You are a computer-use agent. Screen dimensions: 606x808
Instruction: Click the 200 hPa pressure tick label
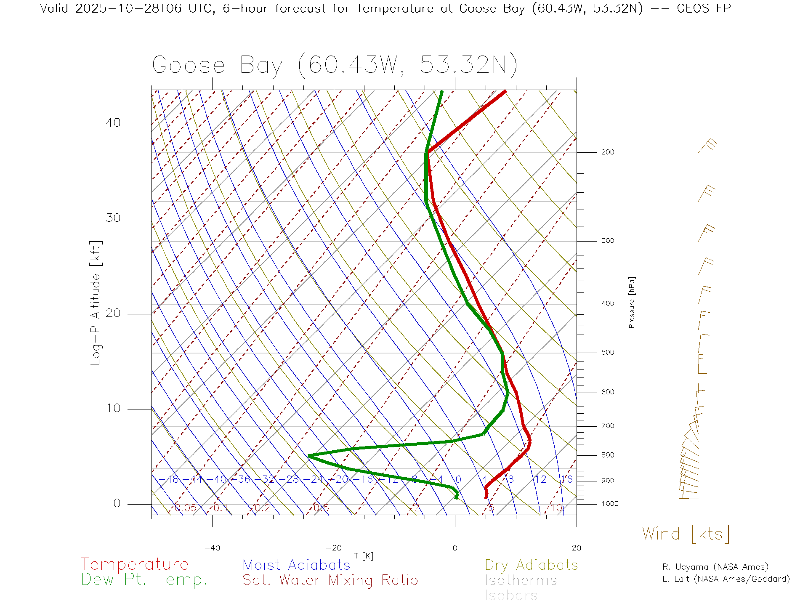(x=607, y=152)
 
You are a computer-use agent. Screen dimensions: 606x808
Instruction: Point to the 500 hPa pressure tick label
(x=607, y=353)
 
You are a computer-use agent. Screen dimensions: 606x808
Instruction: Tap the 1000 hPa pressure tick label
(x=610, y=504)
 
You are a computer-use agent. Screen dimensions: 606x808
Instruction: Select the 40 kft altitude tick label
(x=113, y=123)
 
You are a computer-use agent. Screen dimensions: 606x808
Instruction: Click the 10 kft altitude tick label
(x=113, y=408)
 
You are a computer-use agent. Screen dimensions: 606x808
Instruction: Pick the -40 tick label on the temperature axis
(x=212, y=548)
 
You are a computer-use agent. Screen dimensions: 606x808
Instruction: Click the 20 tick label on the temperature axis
(x=576, y=548)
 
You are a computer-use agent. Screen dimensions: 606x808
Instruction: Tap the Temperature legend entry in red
(x=135, y=564)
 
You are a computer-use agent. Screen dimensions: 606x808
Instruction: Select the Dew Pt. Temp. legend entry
(x=144, y=580)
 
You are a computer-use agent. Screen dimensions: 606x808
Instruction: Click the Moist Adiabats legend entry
(x=296, y=565)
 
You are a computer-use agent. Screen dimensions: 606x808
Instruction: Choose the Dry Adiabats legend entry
(x=531, y=565)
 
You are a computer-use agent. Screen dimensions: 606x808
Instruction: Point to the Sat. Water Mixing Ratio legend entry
(x=330, y=580)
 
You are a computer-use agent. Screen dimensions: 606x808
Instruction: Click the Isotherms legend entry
(x=521, y=580)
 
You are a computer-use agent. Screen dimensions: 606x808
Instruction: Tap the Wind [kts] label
(x=686, y=534)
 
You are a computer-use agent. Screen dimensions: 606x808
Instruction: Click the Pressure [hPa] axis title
(x=632, y=302)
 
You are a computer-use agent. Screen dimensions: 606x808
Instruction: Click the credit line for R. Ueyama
(x=715, y=567)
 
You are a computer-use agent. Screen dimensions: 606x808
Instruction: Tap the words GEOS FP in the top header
(x=704, y=8)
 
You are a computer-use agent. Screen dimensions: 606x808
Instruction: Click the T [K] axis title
(x=364, y=556)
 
